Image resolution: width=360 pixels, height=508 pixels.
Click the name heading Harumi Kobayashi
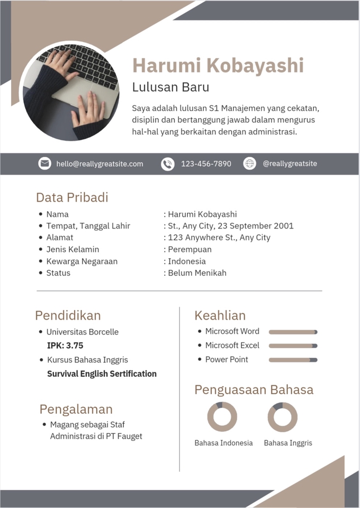point(218,66)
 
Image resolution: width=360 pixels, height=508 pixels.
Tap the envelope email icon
point(45,164)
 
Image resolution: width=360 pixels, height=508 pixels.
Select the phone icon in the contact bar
point(167,164)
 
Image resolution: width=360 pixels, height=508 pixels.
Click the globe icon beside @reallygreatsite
point(249,164)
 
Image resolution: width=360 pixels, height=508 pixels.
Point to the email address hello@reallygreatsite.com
point(100,164)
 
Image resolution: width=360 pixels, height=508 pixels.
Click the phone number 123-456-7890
point(206,164)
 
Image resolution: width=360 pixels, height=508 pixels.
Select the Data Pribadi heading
point(72,197)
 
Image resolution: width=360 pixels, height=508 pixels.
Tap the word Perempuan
point(190,249)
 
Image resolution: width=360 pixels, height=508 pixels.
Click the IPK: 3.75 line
point(65,346)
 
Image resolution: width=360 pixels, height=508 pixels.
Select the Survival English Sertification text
point(102,374)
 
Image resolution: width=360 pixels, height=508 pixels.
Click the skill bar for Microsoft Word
point(293,332)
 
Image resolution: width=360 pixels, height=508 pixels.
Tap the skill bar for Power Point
point(293,360)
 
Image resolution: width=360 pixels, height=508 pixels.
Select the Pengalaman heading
point(76,409)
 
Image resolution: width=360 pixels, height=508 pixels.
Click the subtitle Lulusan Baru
point(170,87)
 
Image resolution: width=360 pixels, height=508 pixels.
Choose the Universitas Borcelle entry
point(82,332)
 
